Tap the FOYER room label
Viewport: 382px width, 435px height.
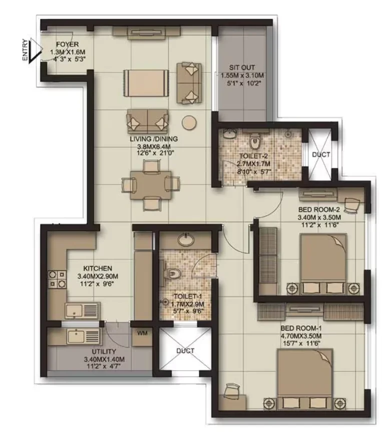click(x=67, y=44)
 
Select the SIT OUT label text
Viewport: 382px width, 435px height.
click(x=242, y=67)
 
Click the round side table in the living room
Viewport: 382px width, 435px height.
click(x=189, y=122)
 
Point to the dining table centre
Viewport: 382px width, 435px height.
click(x=151, y=185)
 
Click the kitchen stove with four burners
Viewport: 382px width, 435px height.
click(x=58, y=279)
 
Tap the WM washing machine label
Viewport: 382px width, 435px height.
click(x=142, y=333)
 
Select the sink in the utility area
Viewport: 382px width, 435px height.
click(x=83, y=337)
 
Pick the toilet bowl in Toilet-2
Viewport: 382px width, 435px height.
click(x=254, y=141)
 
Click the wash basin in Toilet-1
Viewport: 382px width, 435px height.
click(x=186, y=240)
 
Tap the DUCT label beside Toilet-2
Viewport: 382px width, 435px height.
click(x=321, y=154)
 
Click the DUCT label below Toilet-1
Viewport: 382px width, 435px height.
click(x=185, y=351)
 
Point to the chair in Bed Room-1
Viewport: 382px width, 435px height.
click(x=232, y=391)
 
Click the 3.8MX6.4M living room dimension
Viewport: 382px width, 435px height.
click(x=154, y=146)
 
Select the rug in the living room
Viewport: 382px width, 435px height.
click(x=146, y=83)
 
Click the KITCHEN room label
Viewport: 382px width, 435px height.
click(x=98, y=268)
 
